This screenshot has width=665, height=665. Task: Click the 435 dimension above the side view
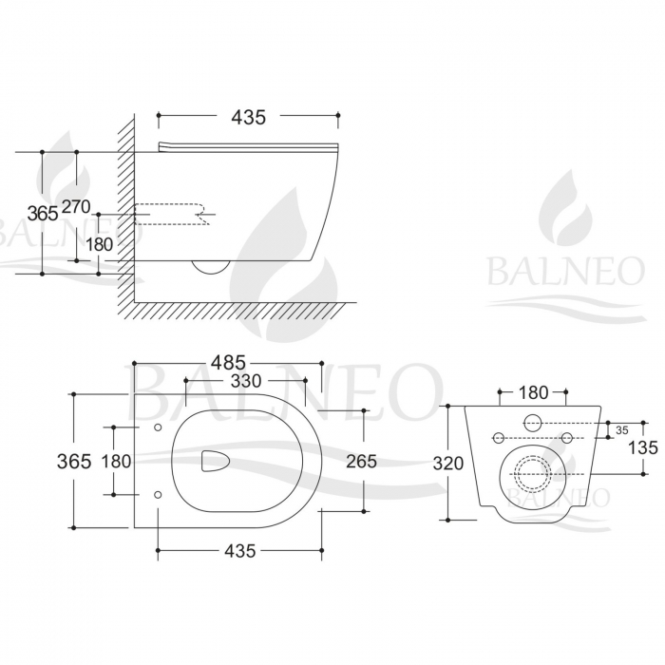(248, 117)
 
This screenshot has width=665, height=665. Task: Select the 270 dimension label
(77, 207)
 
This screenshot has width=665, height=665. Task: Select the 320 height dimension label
(448, 464)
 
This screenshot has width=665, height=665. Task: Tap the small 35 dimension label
(622, 429)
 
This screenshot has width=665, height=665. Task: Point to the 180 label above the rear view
(535, 392)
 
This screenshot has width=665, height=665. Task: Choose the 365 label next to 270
(42, 213)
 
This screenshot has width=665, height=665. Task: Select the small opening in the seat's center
(217, 462)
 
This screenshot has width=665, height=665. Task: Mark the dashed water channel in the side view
(171, 215)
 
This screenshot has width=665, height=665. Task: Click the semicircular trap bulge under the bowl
(211, 266)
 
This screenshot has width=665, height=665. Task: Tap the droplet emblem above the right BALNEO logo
(564, 209)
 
